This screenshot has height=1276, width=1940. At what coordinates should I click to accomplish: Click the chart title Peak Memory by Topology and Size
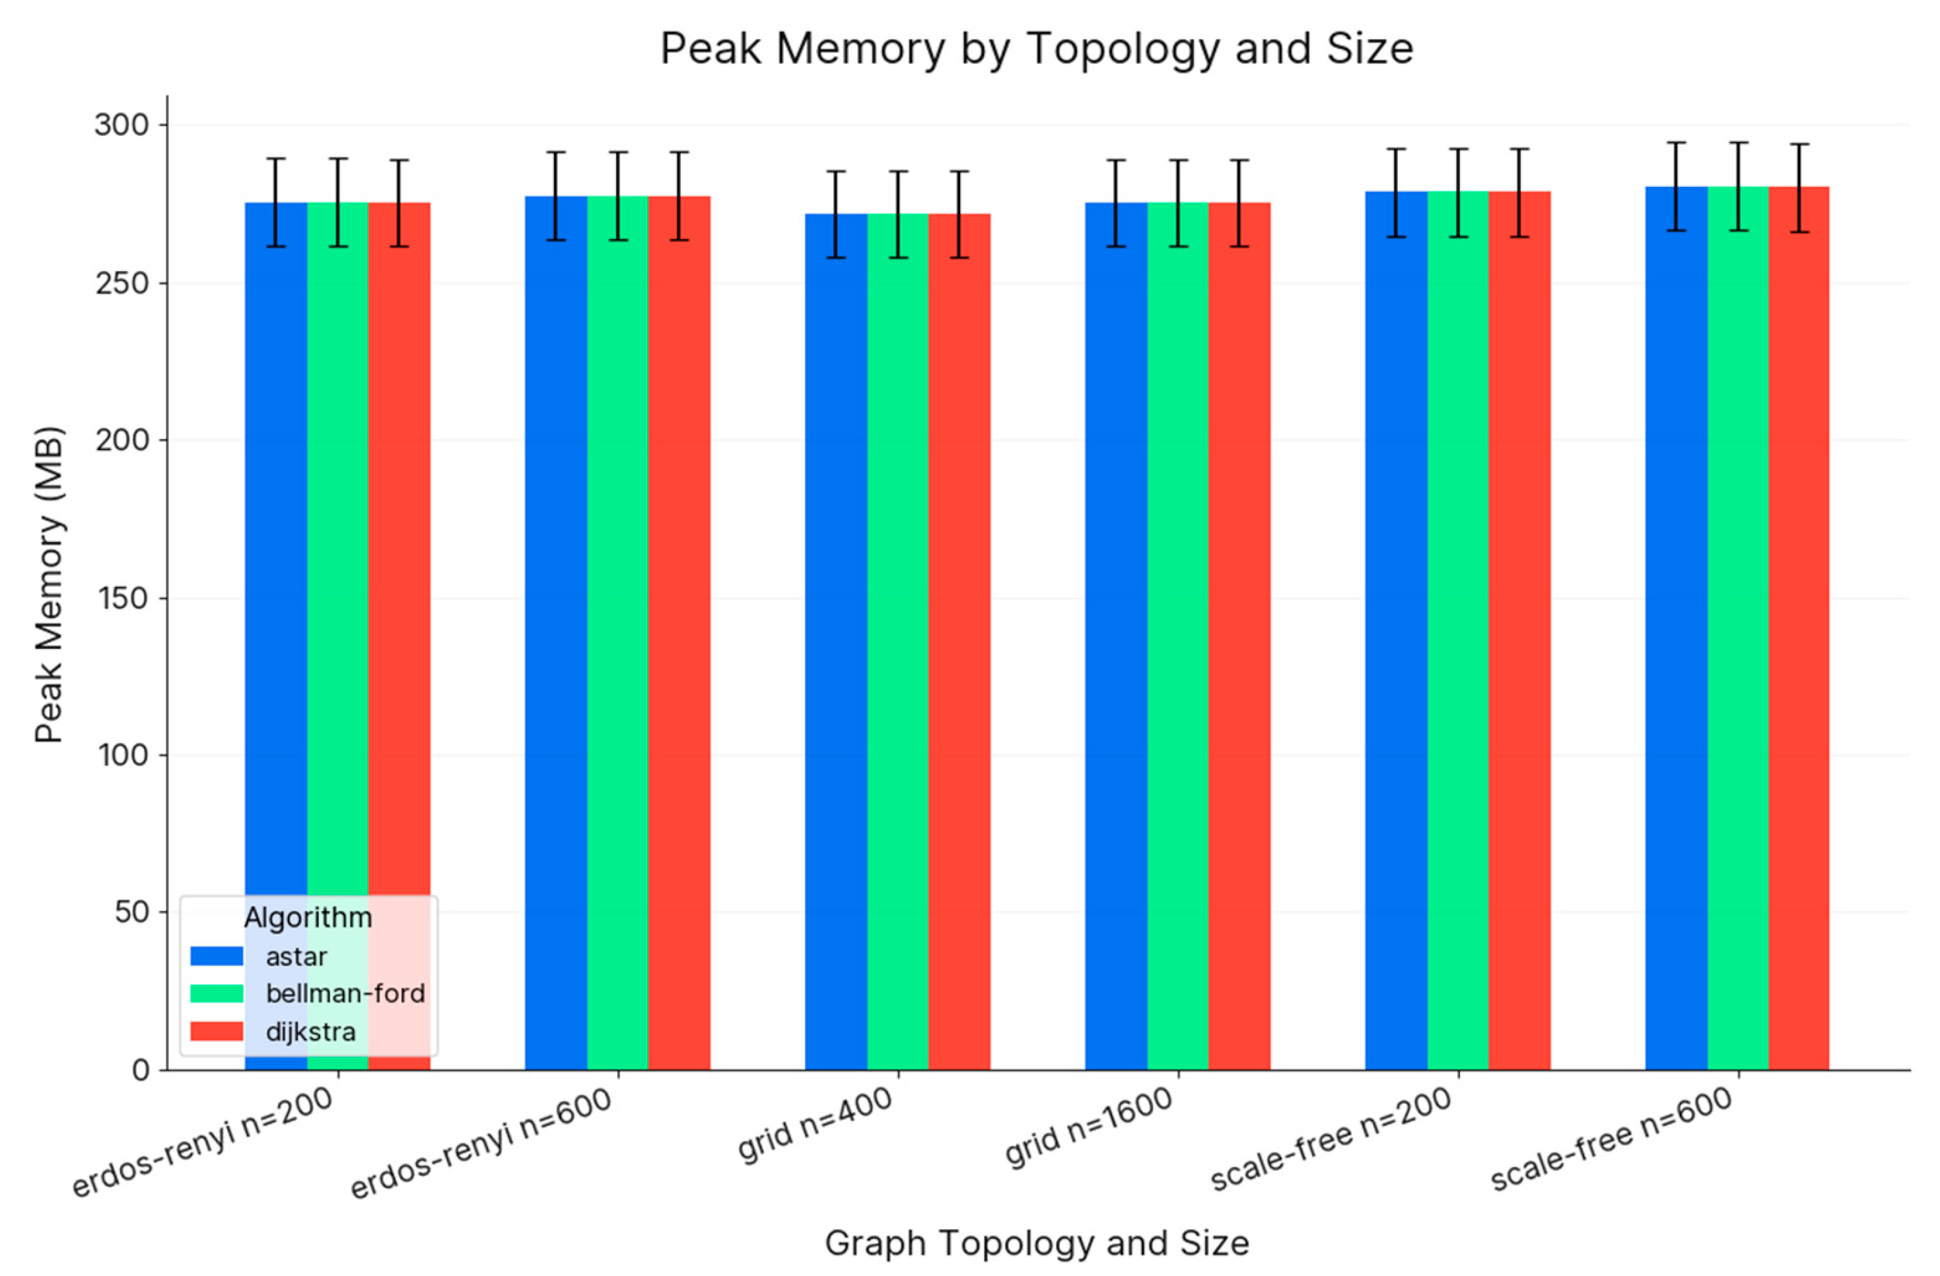(1036, 49)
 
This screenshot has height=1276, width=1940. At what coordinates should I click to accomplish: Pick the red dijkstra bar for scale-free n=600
(1799, 627)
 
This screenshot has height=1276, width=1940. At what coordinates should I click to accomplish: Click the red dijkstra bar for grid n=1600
(1239, 636)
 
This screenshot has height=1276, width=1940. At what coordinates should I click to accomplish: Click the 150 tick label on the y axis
(122, 598)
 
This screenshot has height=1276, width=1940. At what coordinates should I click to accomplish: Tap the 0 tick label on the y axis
(140, 1070)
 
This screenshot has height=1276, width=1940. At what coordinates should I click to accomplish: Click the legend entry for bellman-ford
(345, 993)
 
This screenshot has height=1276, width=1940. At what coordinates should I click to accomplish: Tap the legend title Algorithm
(308, 918)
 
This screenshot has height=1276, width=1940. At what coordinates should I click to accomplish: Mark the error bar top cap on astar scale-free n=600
(1676, 143)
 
